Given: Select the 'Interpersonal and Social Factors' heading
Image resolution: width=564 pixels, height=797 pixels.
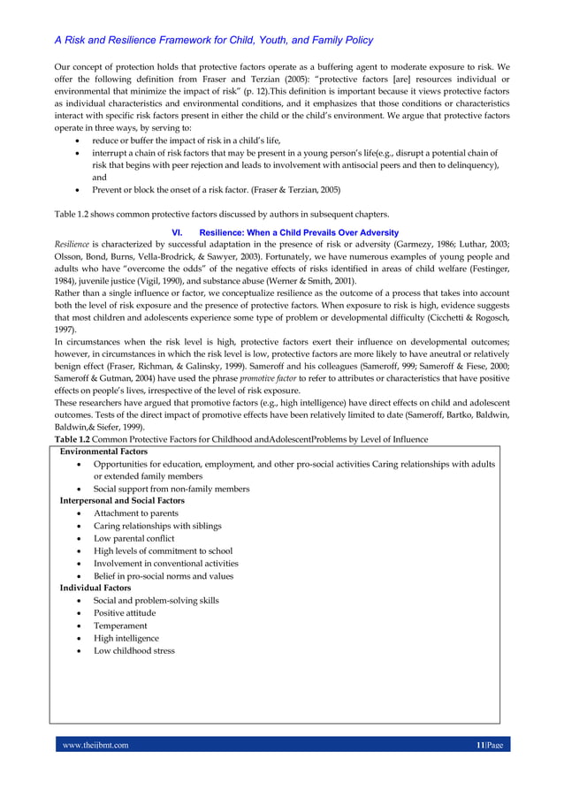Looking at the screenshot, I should click(122, 501).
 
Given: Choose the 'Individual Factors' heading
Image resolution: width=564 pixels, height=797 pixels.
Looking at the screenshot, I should click(95, 588).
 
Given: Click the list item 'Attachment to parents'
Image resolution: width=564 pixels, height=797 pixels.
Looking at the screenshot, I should click(136, 513).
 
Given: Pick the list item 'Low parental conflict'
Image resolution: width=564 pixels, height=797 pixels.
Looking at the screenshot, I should click(134, 538).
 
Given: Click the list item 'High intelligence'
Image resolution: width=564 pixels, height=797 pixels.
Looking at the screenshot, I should click(126, 638).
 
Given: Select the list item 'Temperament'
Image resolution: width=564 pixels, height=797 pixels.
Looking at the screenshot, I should click(120, 626).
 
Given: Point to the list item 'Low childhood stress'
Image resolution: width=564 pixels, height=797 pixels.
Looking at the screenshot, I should click(134, 650).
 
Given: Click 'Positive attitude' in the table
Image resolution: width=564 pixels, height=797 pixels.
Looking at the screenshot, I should click(125, 613).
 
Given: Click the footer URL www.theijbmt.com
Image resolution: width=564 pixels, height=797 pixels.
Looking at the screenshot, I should click(95, 745).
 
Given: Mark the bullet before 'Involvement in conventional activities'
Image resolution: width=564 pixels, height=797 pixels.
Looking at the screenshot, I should click(81, 564).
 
